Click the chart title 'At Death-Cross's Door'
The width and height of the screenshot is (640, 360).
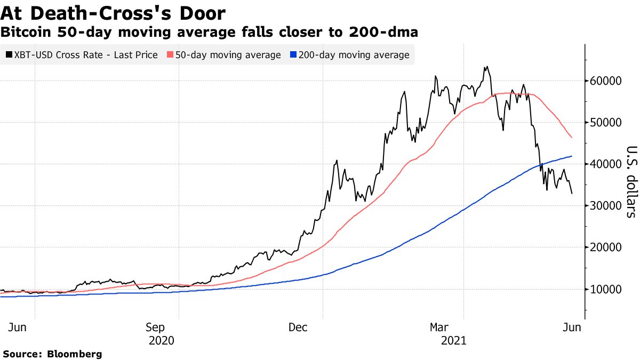point(113,13)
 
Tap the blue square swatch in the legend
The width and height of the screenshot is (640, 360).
point(293,55)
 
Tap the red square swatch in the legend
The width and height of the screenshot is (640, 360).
point(170,55)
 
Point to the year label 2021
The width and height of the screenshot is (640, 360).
point(454,340)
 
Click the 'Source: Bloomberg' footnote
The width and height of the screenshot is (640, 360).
point(52,354)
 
